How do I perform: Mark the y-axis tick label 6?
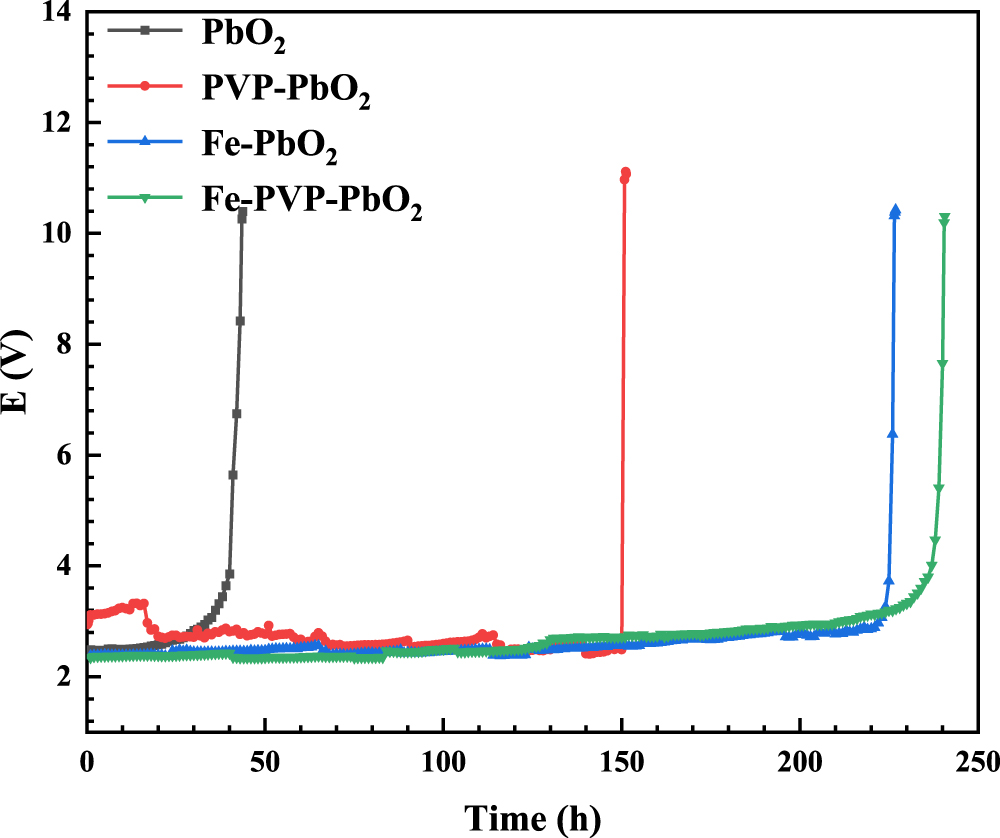65,456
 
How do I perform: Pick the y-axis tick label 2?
65,677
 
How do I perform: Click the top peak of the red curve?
626,173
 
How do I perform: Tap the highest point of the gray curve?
243,212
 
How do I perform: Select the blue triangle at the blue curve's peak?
895,210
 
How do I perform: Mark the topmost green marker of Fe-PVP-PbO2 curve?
944,218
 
